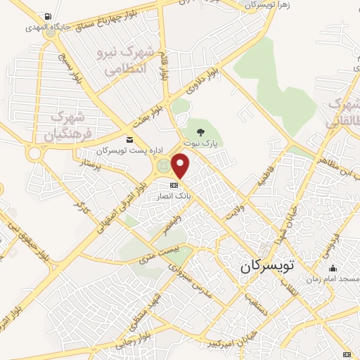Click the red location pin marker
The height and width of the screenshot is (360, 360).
[181, 166]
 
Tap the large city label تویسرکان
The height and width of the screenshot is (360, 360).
[271, 266]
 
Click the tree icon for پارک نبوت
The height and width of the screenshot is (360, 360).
[201, 131]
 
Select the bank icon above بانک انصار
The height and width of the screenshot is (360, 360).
[174, 185]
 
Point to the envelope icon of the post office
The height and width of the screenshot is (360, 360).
[129, 139]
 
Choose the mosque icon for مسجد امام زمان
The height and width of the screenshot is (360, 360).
[333, 269]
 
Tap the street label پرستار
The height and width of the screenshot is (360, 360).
[91, 166]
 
